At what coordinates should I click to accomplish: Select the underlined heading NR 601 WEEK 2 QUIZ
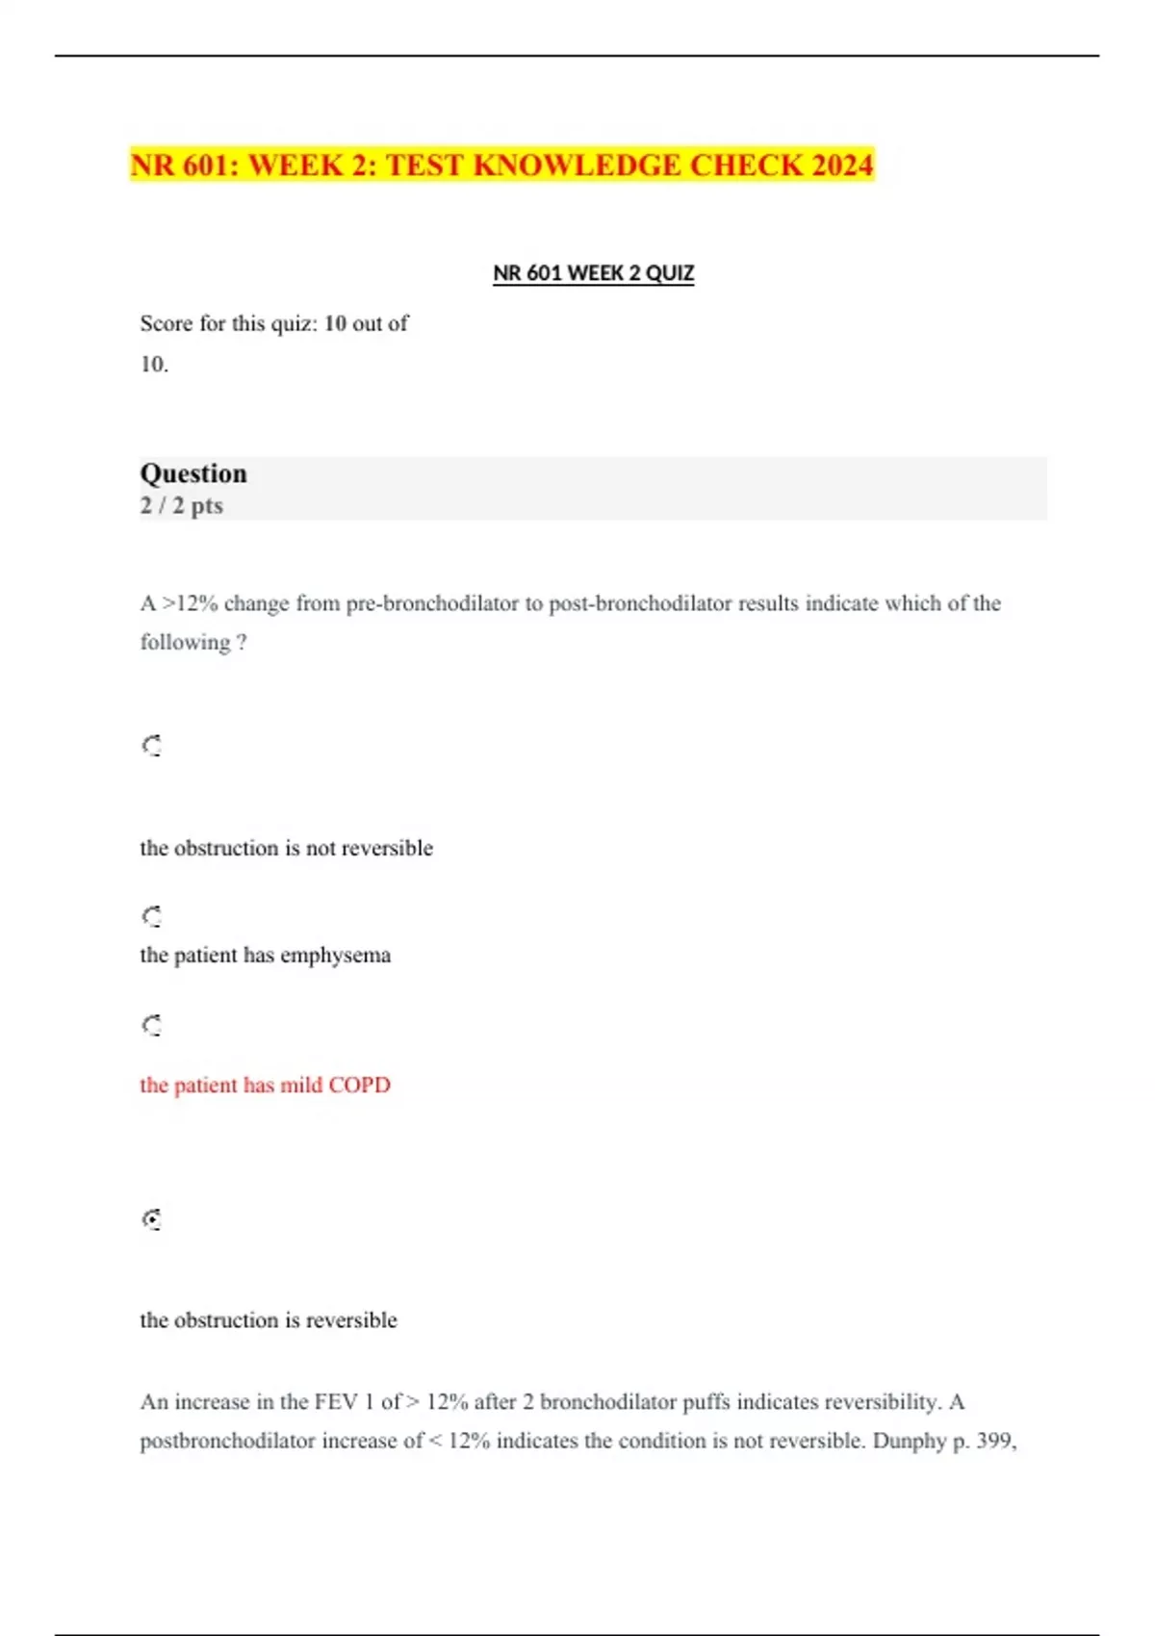(x=593, y=273)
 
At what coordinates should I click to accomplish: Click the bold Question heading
(x=193, y=473)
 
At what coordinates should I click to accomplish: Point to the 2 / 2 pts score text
(x=181, y=505)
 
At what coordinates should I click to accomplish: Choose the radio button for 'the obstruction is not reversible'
(x=152, y=746)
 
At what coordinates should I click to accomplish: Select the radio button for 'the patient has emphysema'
(x=152, y=916)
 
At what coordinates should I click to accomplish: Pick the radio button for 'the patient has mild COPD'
(x=152, y=1025)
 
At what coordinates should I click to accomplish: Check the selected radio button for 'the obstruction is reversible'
(x=152, y=1219)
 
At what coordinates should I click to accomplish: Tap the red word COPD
(x=359, y=1086)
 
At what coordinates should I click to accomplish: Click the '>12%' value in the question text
(x=190, y=603)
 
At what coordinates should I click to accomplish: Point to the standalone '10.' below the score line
(x=154, y=365)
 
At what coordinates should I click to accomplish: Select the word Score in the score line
(x=167, y=323)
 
